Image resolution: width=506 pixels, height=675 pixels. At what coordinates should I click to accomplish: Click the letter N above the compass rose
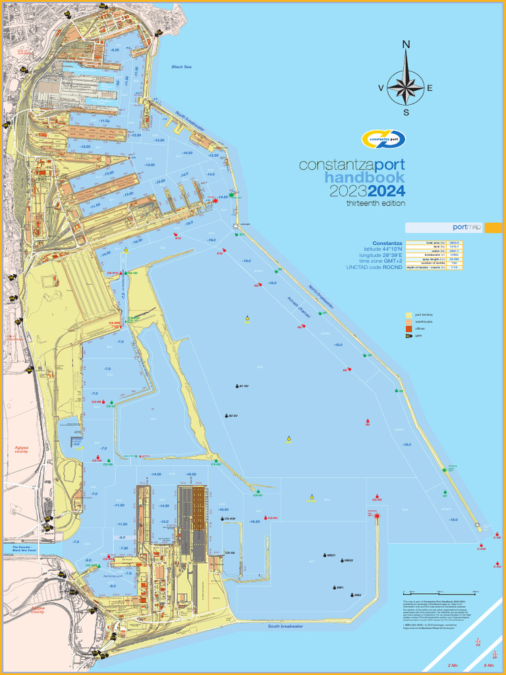pyautogui.click(x=407, y=45)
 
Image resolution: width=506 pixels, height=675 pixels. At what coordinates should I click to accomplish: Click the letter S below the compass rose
pyautogui.click(x=407, y=111)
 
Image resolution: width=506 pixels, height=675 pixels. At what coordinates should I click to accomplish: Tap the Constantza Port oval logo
pyautogui.click(x=383, y=139)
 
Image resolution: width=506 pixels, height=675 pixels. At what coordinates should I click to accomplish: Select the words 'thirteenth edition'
pyautogui.click(x=376, y=204)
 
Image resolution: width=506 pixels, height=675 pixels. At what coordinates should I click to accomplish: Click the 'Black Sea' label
pyautogui.click(x=181, y=67)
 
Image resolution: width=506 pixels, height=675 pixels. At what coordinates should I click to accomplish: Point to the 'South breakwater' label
pyautogui.click(x=285, y=626)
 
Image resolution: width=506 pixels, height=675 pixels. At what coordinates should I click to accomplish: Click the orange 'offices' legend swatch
pyautogui.click(x=409, y=328)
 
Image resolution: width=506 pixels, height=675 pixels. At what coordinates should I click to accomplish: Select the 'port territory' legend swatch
pyautogui.click(x=409, y=315)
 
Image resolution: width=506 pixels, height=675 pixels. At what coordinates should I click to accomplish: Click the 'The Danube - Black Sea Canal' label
pyautogui.click(x=22, y=548)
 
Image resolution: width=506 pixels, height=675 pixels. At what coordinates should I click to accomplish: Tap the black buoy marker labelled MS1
pyautogui.click(x=335, y=587)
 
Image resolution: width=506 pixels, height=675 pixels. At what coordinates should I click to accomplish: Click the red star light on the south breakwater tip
pyautogui.click(x=376, y=516)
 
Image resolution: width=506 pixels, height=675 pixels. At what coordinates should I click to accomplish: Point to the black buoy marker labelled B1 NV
pyautogui.click(x=236, y=386)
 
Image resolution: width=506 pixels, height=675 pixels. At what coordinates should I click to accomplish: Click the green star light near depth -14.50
pyautogui.click(x=231, y=196)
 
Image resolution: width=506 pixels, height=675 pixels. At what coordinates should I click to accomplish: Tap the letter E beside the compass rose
pyautogui.click(x=430, y=88)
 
